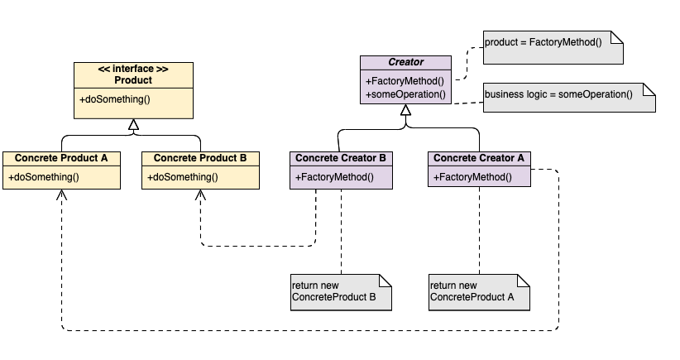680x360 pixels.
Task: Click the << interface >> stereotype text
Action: coord(132,69)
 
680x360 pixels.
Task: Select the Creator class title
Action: coord(405,62)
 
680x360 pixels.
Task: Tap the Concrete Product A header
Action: coord(60,157)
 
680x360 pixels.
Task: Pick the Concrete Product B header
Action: coord(199,157)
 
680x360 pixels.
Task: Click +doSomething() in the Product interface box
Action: coord(115,100)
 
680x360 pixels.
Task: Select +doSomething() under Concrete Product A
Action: coord(44,176)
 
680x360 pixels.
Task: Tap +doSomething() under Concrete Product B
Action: coord(183,176)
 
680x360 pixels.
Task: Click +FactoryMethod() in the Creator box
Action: coord(405,81)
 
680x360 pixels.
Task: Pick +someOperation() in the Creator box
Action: coord(405,94)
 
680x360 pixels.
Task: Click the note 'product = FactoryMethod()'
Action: coord(552,48)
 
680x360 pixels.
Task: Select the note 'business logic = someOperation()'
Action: coord(568,96)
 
